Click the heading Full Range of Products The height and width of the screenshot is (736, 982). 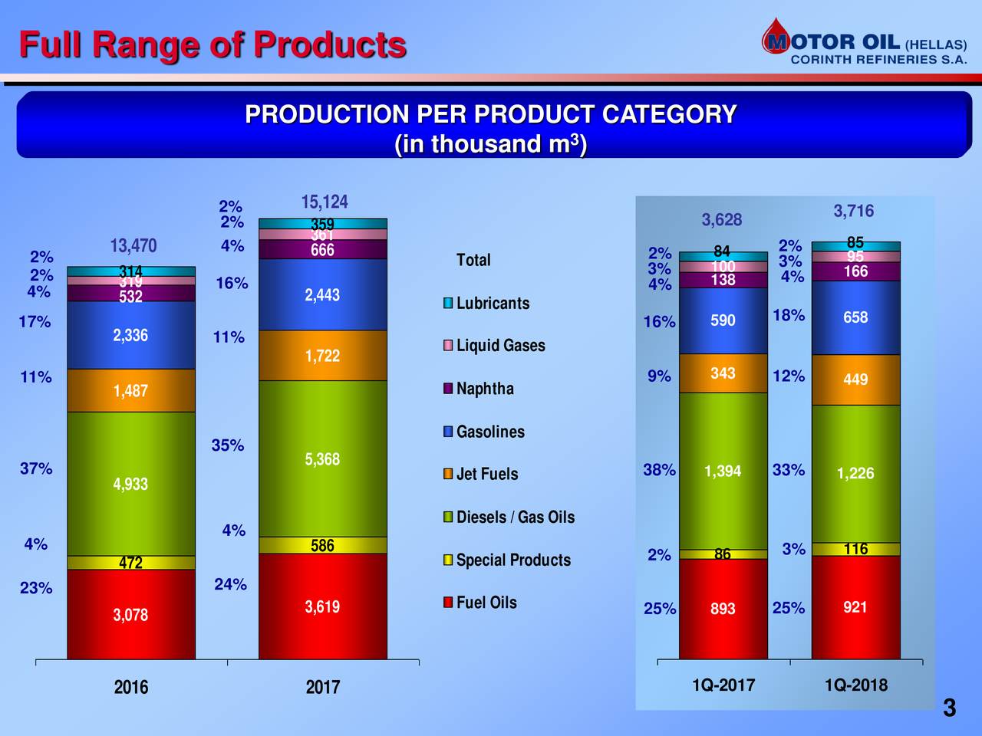click(x=213, y=44)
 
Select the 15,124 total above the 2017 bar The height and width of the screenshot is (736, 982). click(x=324, y=202)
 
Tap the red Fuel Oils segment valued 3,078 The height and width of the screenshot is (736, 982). click(x=130, y=614)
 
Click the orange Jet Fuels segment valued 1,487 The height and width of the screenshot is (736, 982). click(x=130, y=391)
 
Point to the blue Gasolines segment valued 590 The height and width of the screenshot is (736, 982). click(x=723, y=320)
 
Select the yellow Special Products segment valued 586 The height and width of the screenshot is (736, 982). click(x=322, y=545)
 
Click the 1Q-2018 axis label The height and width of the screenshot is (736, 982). click(x=856, y=685)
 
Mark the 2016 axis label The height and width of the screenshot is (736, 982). click(x=131, y=687)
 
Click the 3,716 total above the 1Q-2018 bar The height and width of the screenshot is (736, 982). click(x=854, y=212)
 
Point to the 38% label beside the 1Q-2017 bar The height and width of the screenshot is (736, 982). click(x=659, y=470)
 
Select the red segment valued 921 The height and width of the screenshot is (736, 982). click(x=855, y=607)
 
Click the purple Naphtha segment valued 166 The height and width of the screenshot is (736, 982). click(x=855, y=271)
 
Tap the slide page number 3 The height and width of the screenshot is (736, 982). click(x=949, y=708)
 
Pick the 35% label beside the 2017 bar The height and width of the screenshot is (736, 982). click(x=228, y=445)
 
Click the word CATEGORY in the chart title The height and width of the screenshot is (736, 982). click(x=669, y=115)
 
